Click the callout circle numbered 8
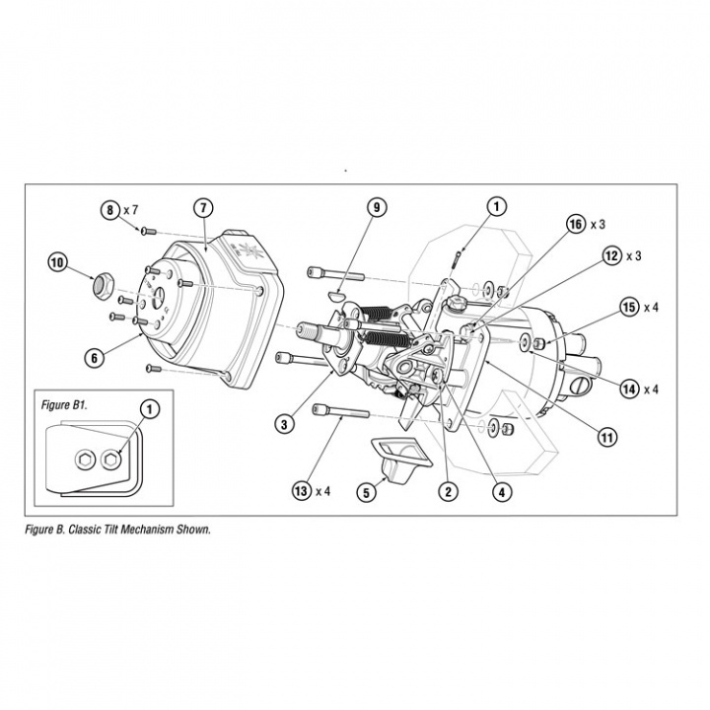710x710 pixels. tap(109, 209)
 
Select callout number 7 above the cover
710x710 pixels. tap(202, 208)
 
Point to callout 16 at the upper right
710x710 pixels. tap(575, 224)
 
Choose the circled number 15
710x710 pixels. tap(628, 307)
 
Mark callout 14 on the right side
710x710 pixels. tap(628, 389)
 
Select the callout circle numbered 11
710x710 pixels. tap(605, 434)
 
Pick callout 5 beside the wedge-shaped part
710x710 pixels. tap(367, 490)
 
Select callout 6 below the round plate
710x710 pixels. tap(95, 358)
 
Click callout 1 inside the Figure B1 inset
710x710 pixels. tap(149, 407)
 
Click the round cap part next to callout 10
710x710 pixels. tap(100, 286)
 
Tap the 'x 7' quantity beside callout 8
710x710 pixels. tap(132, 209)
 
